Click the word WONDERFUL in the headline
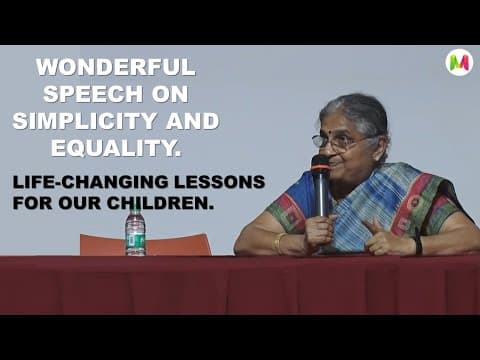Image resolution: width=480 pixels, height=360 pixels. [x=116, y=69]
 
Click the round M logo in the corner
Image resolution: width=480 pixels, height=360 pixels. [x=459, y=63]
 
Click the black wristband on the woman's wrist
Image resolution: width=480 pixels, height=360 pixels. [x=416, y=245]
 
